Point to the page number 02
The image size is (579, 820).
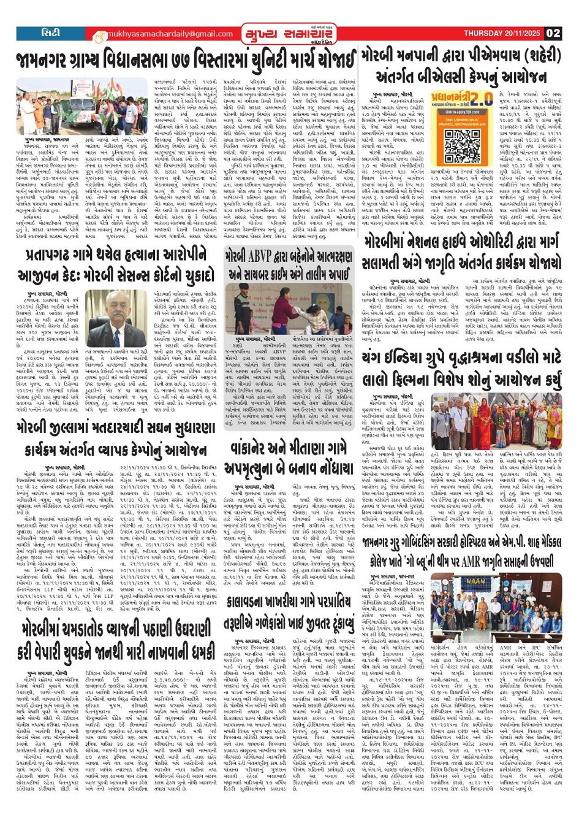click(553, 33)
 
